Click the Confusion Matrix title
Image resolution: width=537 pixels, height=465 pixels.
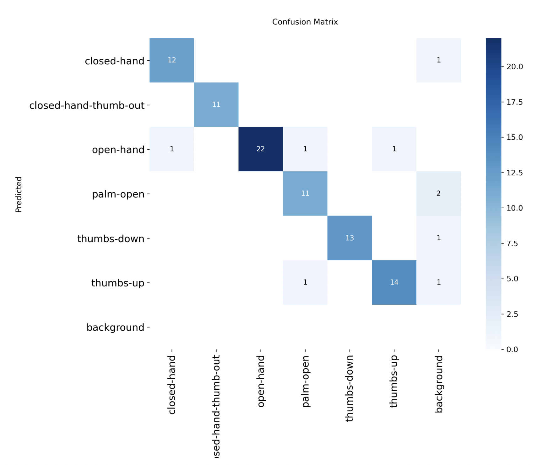[x=305, y=22]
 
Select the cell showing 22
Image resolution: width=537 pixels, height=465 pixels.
[x=260, y=149]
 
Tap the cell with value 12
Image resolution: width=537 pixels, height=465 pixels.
[x=171, y=60]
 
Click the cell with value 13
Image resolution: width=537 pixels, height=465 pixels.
[x=349, y=238]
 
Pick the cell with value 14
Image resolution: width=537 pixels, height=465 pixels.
[x=394, y=282]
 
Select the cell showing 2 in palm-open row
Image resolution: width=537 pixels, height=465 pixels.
[x=438, y=193]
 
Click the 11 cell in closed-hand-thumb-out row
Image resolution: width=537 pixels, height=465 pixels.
[x=216, y=104]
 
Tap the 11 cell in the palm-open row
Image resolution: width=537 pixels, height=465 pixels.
[x=305, y=193]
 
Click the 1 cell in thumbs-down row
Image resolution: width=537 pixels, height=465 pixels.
[x=438, y=238]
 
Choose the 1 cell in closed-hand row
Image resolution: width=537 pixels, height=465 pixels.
[x=438, y=60]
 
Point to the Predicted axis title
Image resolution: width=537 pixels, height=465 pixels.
[x=19, y=194]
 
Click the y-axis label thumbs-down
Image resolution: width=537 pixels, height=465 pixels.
[x=111, y=239]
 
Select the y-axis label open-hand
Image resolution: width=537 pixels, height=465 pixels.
[x=118, y=150]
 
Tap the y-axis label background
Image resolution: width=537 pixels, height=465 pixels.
[x=115, y=328]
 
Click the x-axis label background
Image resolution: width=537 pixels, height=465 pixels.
[x=438, y=384]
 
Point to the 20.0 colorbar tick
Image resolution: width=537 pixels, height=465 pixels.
[x=514, y=67]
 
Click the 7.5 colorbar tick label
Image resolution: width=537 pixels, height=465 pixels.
[x=512, y=243]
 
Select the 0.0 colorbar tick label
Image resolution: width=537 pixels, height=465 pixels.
[x=512, y=350]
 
